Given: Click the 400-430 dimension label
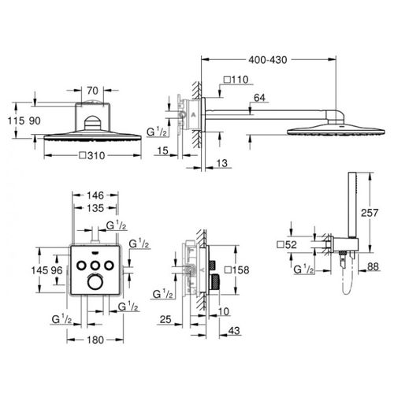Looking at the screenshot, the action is click(268, 60).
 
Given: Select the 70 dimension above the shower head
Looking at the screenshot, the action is click(92, 91).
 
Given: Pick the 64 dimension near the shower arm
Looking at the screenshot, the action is click(259, 98).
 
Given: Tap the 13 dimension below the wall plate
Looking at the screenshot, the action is click(222, 163).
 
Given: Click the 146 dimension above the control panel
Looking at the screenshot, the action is click(95, 195).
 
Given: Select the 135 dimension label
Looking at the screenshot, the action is click(95, 208).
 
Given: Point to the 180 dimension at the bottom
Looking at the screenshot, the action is click(95, 340).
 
